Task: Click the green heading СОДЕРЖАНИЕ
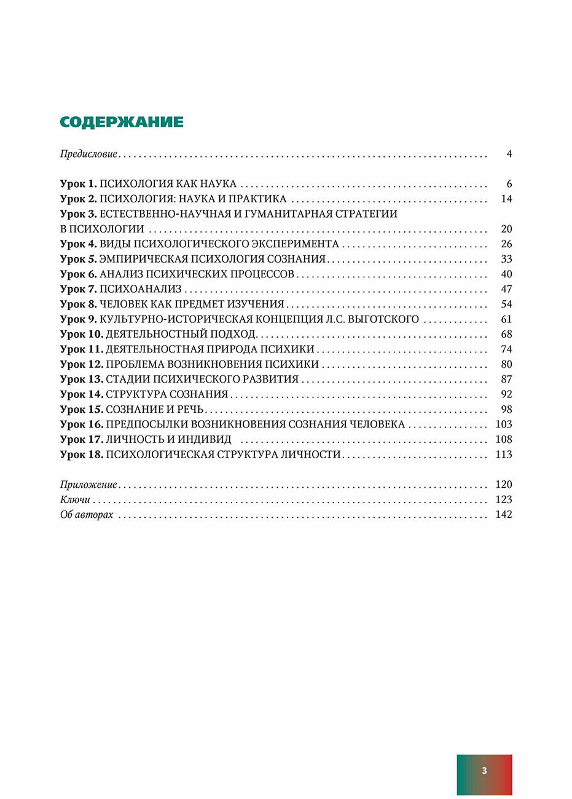point(122,121)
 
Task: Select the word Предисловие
point(88,154)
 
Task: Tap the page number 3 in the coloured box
point(484,771)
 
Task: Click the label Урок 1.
point(79,184)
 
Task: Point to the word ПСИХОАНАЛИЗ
point(141,289)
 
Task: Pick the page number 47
point(506,289)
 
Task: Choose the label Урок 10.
point(82,334)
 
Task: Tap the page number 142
point(503,514)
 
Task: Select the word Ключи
point(75,499)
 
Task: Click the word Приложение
point(88,485)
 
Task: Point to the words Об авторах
point(87,514)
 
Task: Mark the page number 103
point(503,424)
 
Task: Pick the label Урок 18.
point(82,455)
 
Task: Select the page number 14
point(506,199)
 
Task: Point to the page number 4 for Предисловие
point(509,154)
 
